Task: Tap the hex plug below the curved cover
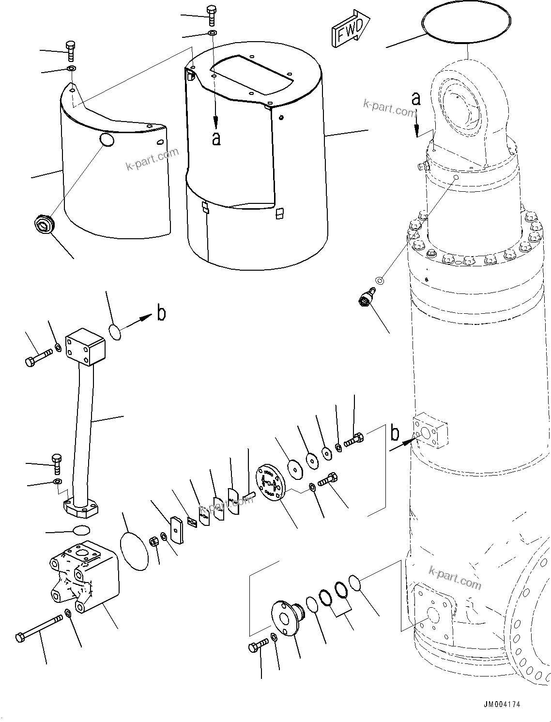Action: tap(44, 225)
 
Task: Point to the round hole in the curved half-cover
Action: tap(107, 139)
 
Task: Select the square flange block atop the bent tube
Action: tap(85, 346)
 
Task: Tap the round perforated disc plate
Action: tap(270, 482)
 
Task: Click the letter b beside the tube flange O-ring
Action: tap(161, 313)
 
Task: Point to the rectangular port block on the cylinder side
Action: tap(430, 430)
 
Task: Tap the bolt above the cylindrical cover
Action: tap(212, 15)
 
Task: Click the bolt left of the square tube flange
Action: tap(38, 359)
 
